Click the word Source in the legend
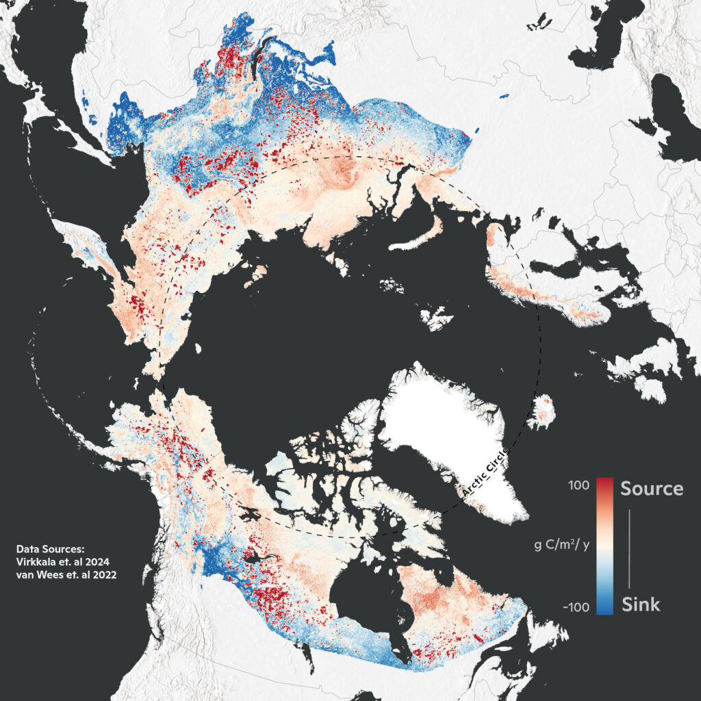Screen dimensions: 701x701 pyautogui.click(x=651, y=488)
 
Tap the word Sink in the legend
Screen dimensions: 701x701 pyautogui.click(x=641, y=604)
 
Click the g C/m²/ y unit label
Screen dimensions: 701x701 pyautogui.click(x=561, y=546)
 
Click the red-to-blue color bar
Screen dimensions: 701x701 pyautogui.click(x=604, y=546)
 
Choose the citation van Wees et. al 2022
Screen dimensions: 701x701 pyautogui.click(x=66, y=576)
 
